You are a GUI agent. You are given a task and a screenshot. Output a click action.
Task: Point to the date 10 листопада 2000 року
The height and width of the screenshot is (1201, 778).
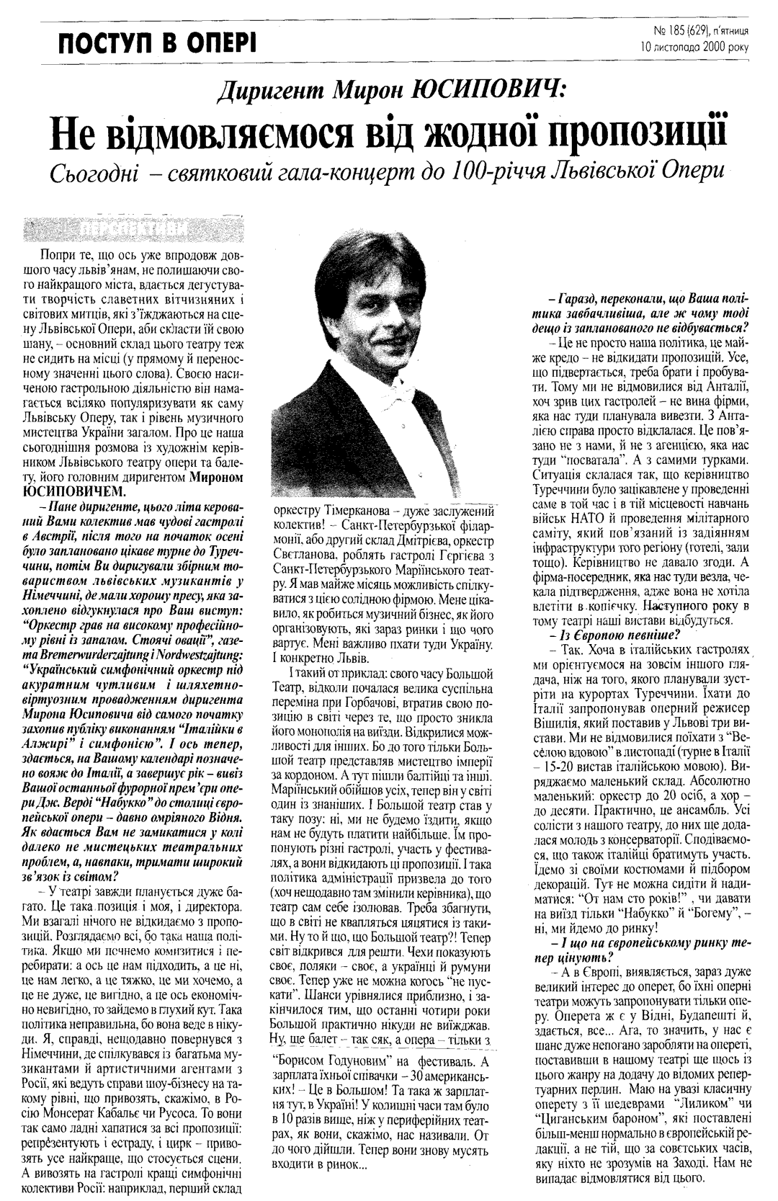(694, 48)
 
